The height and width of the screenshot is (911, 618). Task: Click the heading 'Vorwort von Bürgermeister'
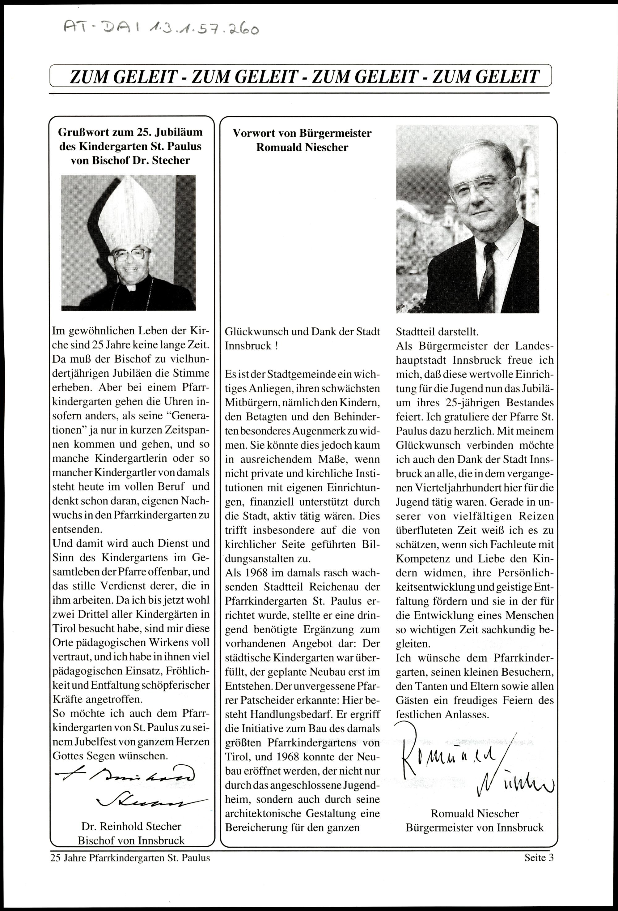tap(302, 133)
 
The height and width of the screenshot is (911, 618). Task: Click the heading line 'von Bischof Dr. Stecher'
tap(130, 160)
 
